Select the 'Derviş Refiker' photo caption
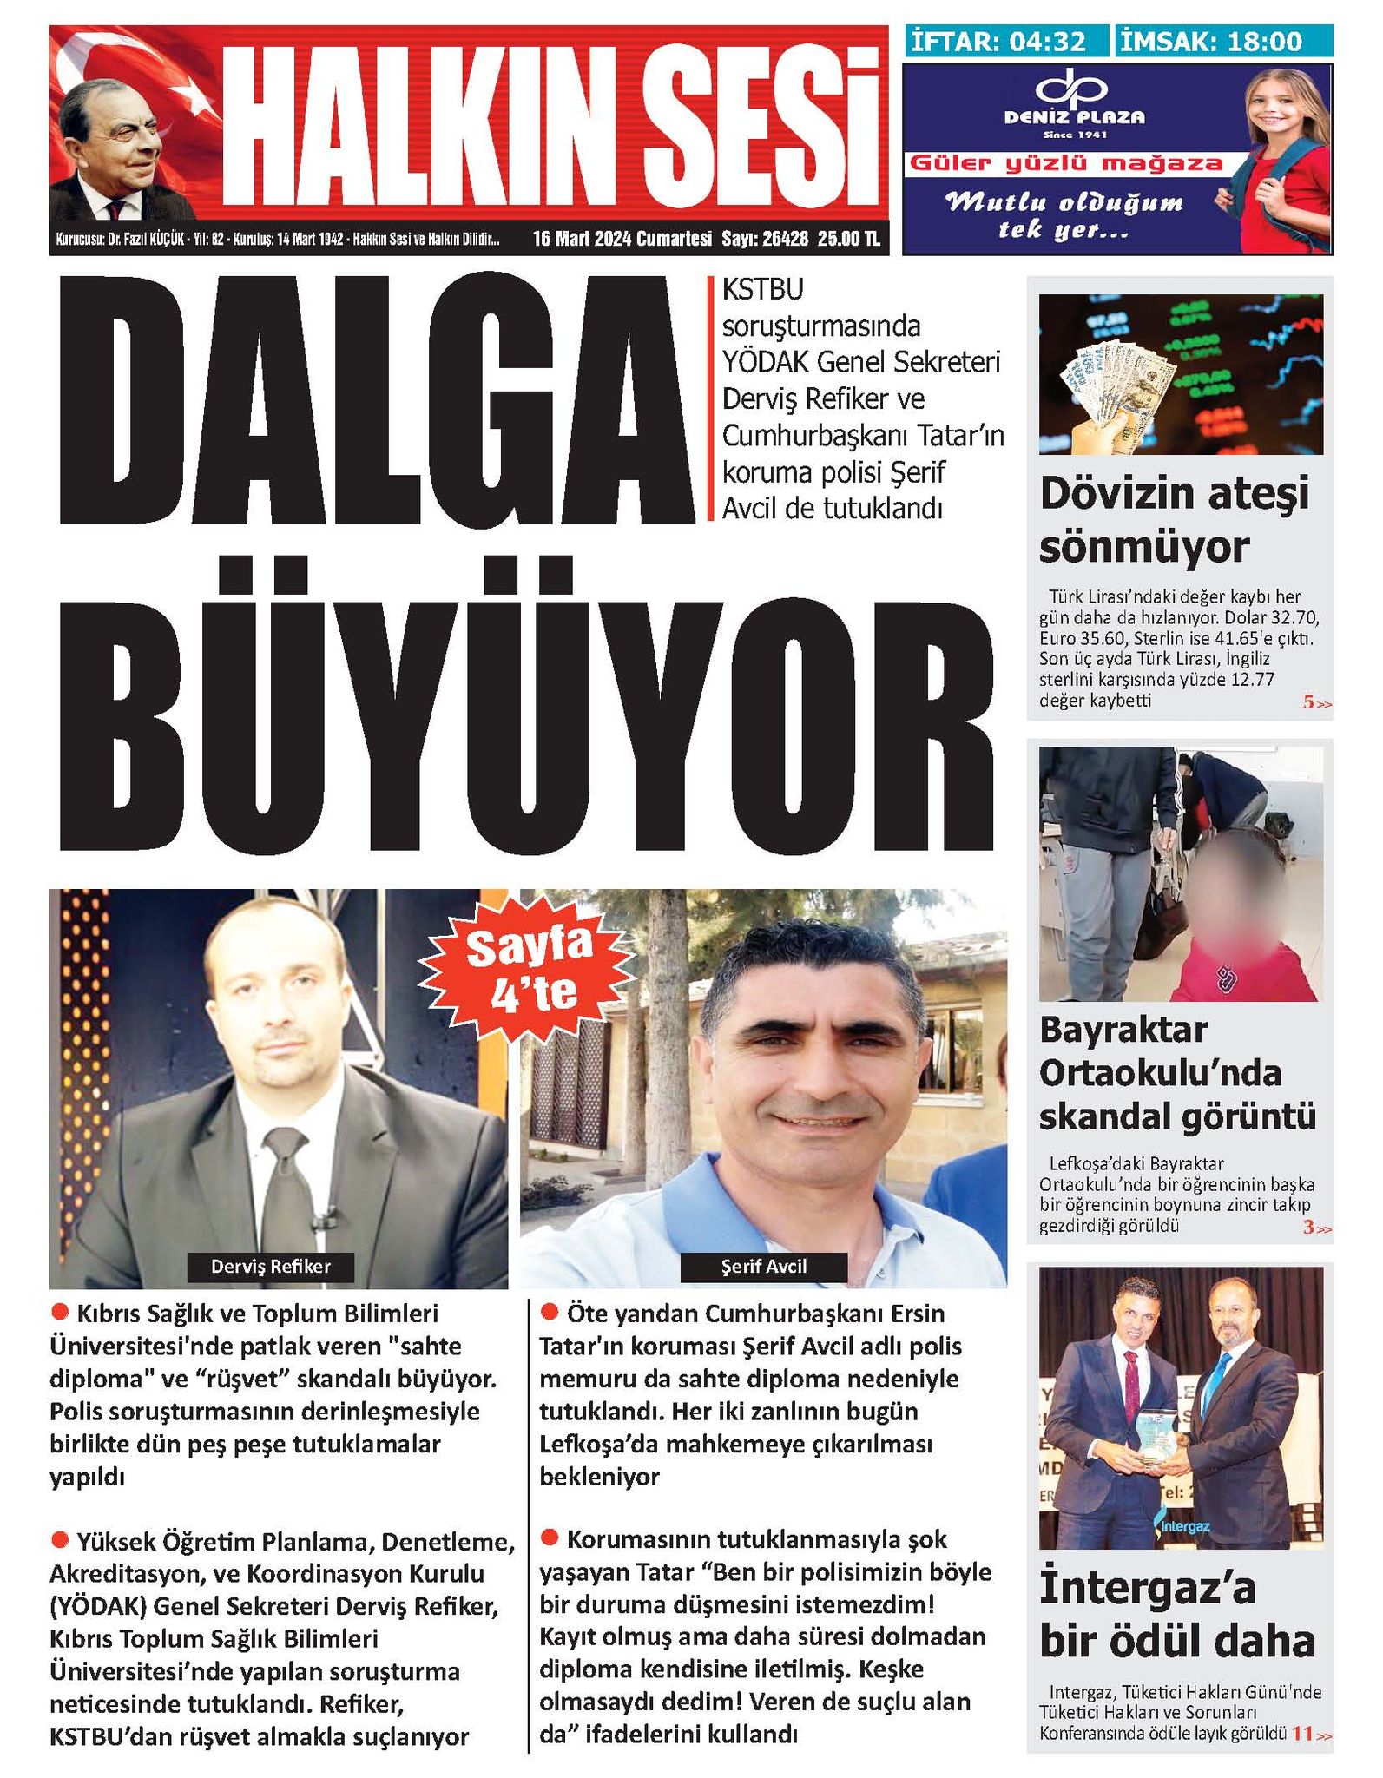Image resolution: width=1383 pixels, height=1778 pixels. [271, 1266]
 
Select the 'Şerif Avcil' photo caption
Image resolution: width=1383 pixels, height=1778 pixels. [763, 1266]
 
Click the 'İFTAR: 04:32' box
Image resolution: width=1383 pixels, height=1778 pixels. [1006, 41]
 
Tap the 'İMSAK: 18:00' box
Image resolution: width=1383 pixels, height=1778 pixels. [1222, 41]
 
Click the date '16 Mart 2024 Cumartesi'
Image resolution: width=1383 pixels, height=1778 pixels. [622, 239]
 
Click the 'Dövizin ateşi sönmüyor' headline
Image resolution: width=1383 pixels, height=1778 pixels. [1174, 520]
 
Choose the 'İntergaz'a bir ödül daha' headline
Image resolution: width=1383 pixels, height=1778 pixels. [1176, 1617]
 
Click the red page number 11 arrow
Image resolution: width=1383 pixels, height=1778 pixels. [1310, 1734]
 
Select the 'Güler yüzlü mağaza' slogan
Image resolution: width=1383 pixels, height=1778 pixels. [1065, 163]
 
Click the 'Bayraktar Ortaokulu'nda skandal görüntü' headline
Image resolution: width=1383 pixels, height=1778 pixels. [1176, 1073]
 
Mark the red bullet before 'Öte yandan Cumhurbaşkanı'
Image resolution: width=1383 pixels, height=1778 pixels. [548, 1312]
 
